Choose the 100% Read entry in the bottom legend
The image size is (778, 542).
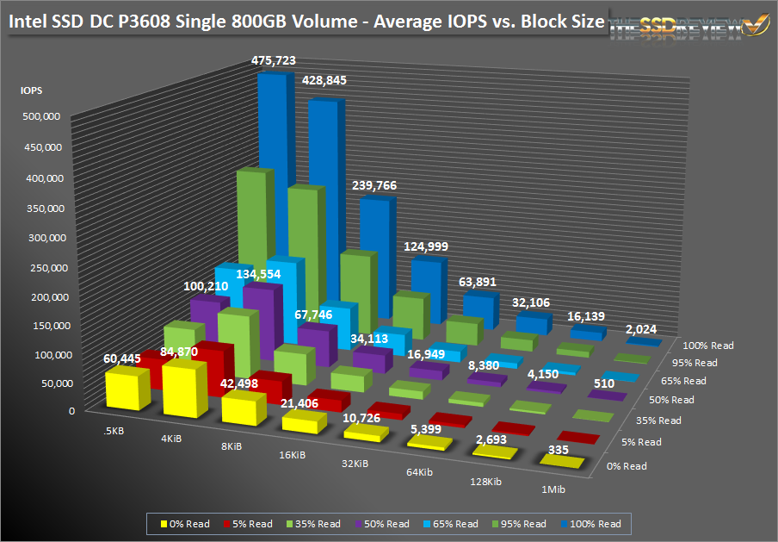(595, 523)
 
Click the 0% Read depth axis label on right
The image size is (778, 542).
(627, 465)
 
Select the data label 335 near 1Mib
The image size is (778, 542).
(559, 448)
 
